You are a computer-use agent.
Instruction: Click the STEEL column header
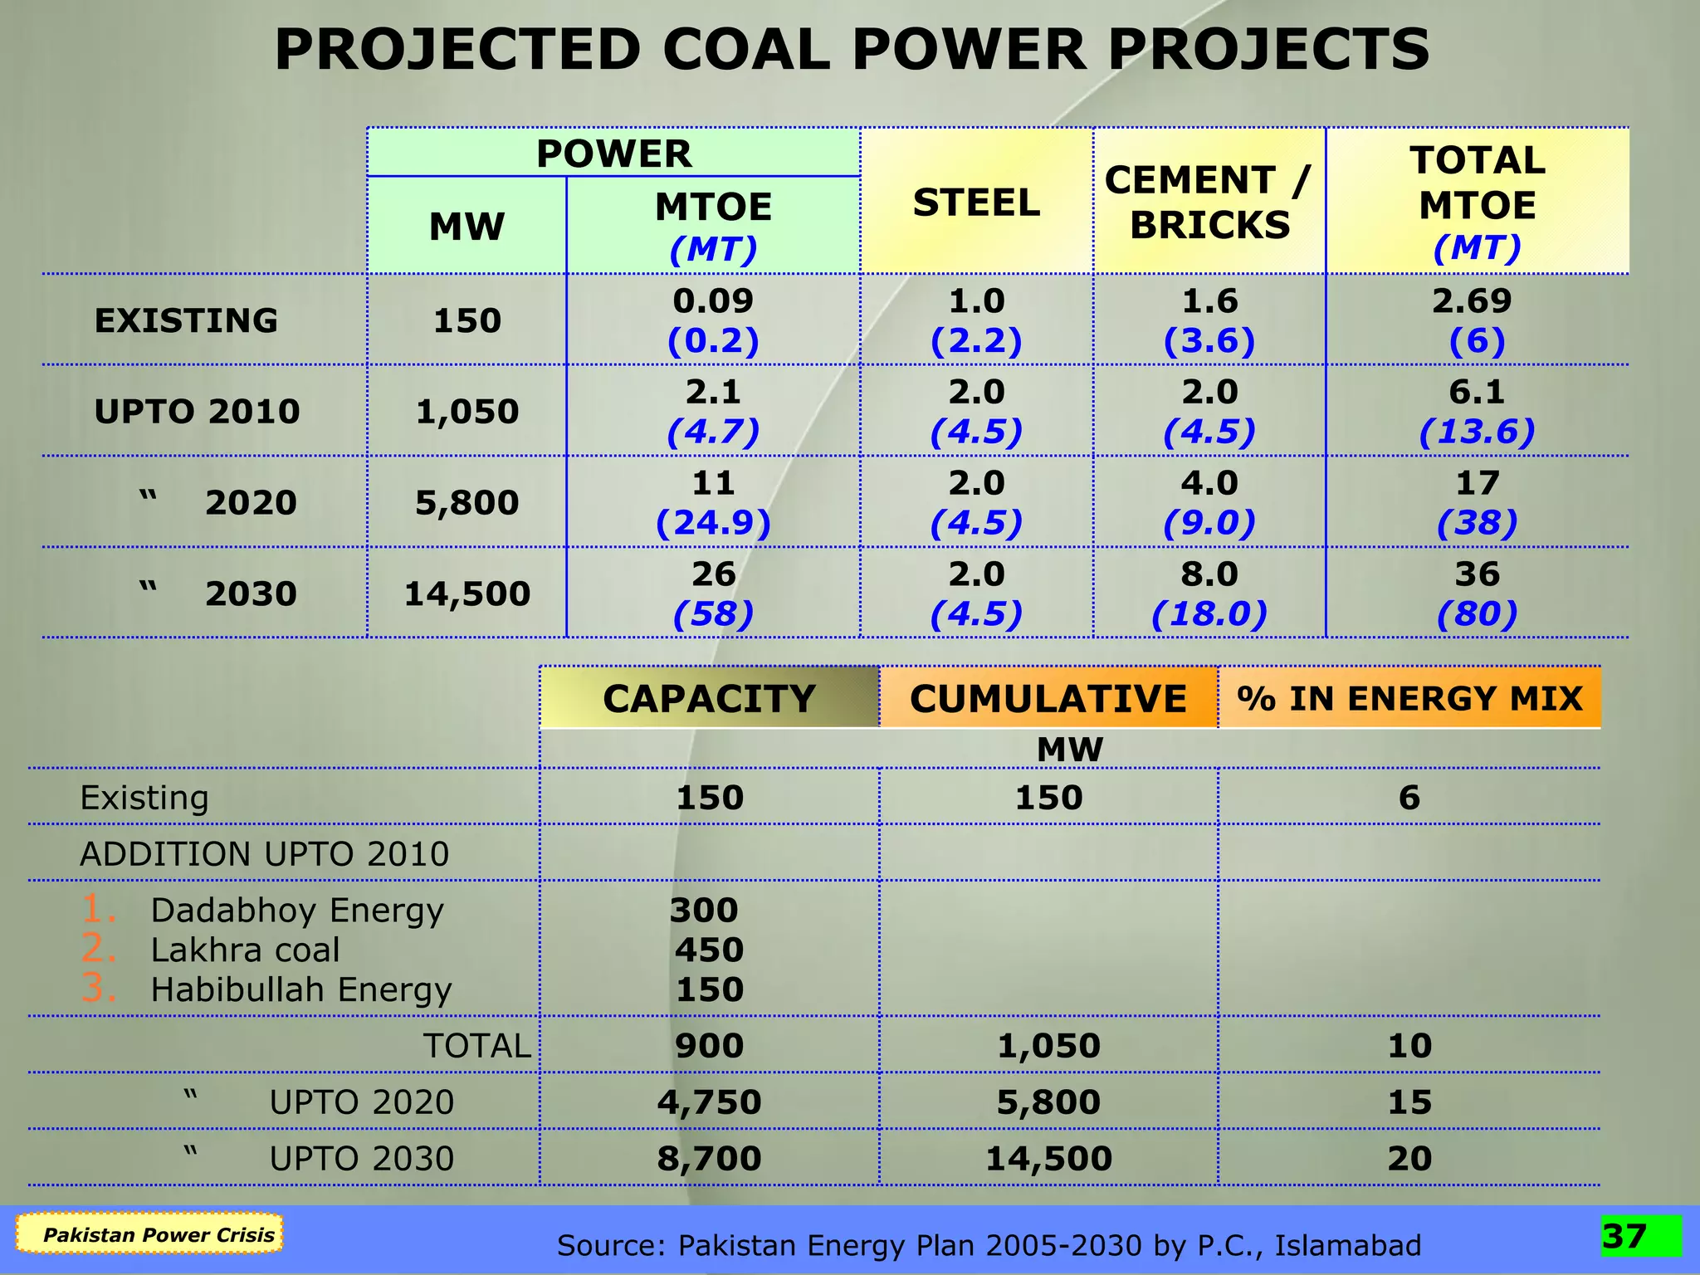tap(976, 203)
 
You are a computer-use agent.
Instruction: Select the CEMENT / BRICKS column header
tap(1209, 203)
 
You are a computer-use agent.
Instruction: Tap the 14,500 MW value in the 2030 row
tap(467, 594)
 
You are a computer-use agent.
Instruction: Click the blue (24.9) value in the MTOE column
tap(713, 523)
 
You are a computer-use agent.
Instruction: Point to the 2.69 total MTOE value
tap(1472, 300)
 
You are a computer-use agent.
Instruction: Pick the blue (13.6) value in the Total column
tap(1477, 432)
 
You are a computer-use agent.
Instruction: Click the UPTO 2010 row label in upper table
tap(197, 412)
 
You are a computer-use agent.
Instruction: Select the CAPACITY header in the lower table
tap(709, 698)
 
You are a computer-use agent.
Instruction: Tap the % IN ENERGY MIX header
tap(1409, 698)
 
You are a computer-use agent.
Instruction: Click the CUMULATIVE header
tap(1048, 698)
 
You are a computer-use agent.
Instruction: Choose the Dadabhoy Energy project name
tap(296, 911)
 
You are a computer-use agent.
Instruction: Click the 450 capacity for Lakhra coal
tap(709, 950)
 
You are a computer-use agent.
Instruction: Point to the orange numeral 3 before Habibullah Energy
tap(98, 989)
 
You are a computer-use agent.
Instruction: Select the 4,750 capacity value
tap(709, 1102)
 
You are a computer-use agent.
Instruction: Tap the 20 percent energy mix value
tap(1409, 1159)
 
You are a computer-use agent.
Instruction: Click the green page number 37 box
tap(1640, 1236)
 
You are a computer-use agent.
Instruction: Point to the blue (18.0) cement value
tap(1209, 614)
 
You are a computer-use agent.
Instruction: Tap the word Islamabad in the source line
tap(1347, 1245)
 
